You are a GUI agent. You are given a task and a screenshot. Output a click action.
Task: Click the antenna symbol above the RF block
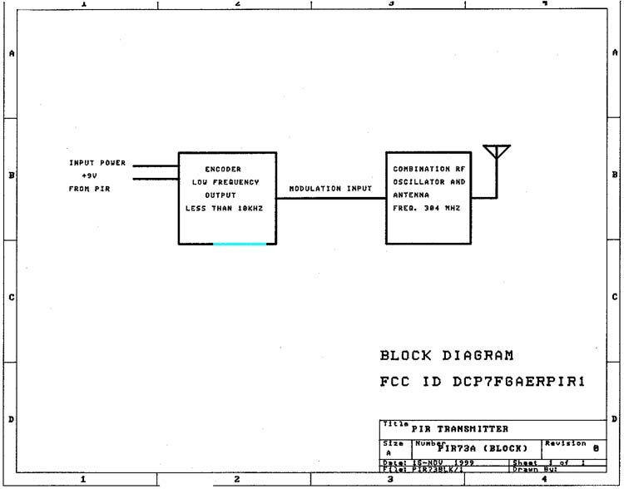click(x=497, y=154)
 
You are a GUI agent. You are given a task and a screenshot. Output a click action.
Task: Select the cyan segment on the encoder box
click(x=240, y=244)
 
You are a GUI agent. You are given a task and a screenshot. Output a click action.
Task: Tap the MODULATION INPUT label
click(x=330, y=189)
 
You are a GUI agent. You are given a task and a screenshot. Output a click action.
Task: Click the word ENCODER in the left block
click(x=223, y=169)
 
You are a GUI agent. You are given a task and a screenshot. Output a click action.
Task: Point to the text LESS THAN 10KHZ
click(x=223, y=209)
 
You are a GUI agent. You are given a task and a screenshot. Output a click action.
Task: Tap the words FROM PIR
click(x=89, y=189)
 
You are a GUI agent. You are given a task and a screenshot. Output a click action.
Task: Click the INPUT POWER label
click(x=97, y=163)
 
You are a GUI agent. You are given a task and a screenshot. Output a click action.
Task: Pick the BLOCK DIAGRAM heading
click(x=447, y=355)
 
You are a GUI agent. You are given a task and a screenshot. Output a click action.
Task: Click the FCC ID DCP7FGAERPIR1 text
click(x=483, y=382)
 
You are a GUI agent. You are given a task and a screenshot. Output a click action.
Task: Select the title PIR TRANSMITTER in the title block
click(x=459, y=429)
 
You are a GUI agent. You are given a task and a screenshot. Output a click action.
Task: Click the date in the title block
click(x=437, y=462)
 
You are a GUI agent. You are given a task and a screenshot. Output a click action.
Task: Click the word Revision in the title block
click(x=565, y=443)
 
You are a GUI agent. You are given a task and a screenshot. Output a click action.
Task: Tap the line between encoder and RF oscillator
click(x=330, y=198)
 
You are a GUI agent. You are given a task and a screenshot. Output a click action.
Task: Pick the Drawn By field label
click(x=564, y=470)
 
